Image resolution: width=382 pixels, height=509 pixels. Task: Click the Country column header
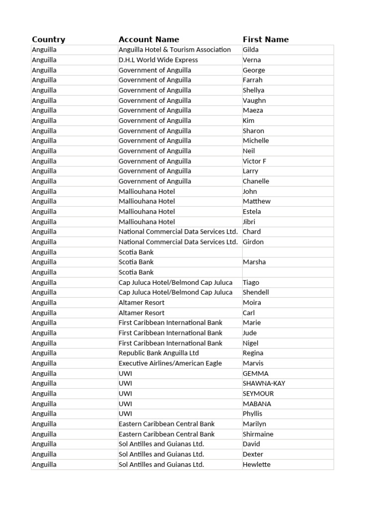(x=48, y=39)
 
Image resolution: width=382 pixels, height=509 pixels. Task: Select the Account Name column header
(x=149, y=39)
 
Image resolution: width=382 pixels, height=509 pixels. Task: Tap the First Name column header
(x=266, y=39)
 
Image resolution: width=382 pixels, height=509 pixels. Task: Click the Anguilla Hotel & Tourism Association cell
(x=175, y=50)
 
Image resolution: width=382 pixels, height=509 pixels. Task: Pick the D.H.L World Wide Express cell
(x=158, y=60)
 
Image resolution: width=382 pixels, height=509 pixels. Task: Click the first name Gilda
(x=251, y=50)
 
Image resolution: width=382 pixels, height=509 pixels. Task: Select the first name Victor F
(x=255, y=161)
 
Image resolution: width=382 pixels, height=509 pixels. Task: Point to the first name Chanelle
(x=256, y=181)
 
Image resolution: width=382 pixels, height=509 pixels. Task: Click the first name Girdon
(x=253, y=242)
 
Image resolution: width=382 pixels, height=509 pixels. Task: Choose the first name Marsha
(x=254, y=262)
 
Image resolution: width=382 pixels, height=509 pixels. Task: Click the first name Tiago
(x=251, y=282)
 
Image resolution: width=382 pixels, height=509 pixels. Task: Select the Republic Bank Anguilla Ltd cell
(x=159, y=353)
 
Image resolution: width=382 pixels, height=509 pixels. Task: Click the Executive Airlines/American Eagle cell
(x=170, y=363)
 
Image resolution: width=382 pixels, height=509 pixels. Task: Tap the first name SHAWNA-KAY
(x=264, y=383)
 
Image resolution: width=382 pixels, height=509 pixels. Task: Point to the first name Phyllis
(x=253, y=414)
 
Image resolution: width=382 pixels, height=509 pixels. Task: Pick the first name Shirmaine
(x=258, y=434)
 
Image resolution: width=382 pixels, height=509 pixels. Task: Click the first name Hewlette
(x=257, y=464)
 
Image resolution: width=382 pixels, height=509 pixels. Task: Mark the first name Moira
(x=252, y=302)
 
